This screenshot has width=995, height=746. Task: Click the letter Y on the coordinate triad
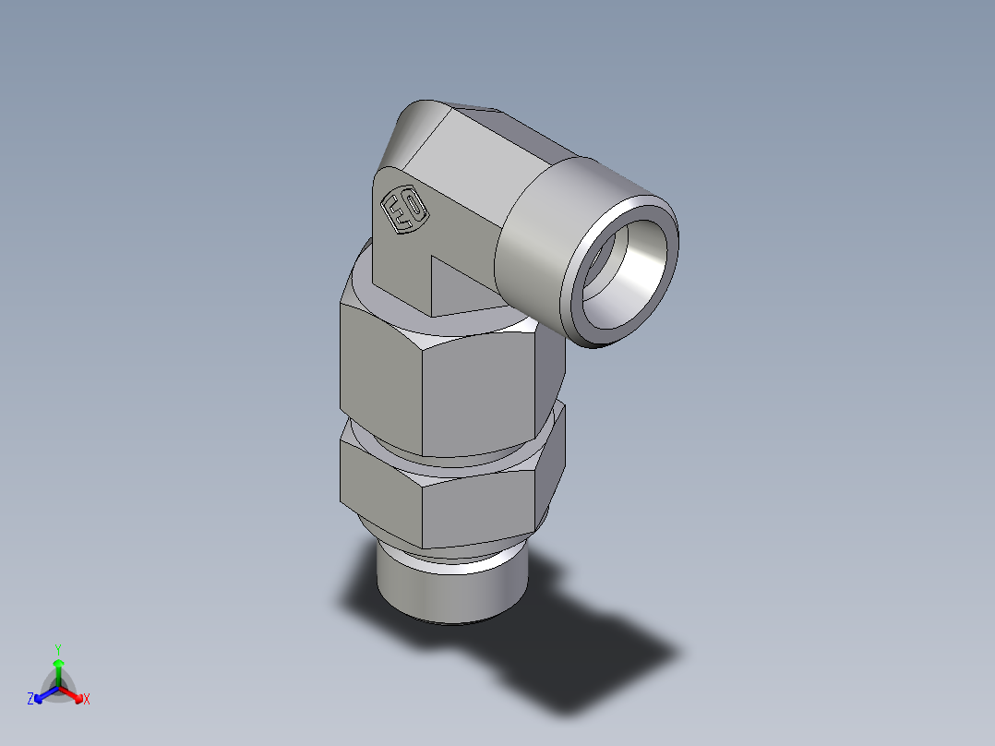coord(57,648)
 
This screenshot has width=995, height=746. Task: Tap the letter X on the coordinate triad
coord(87,700)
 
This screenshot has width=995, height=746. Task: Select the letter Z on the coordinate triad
coord(30,699)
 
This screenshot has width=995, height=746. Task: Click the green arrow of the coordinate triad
coord(58,668)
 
